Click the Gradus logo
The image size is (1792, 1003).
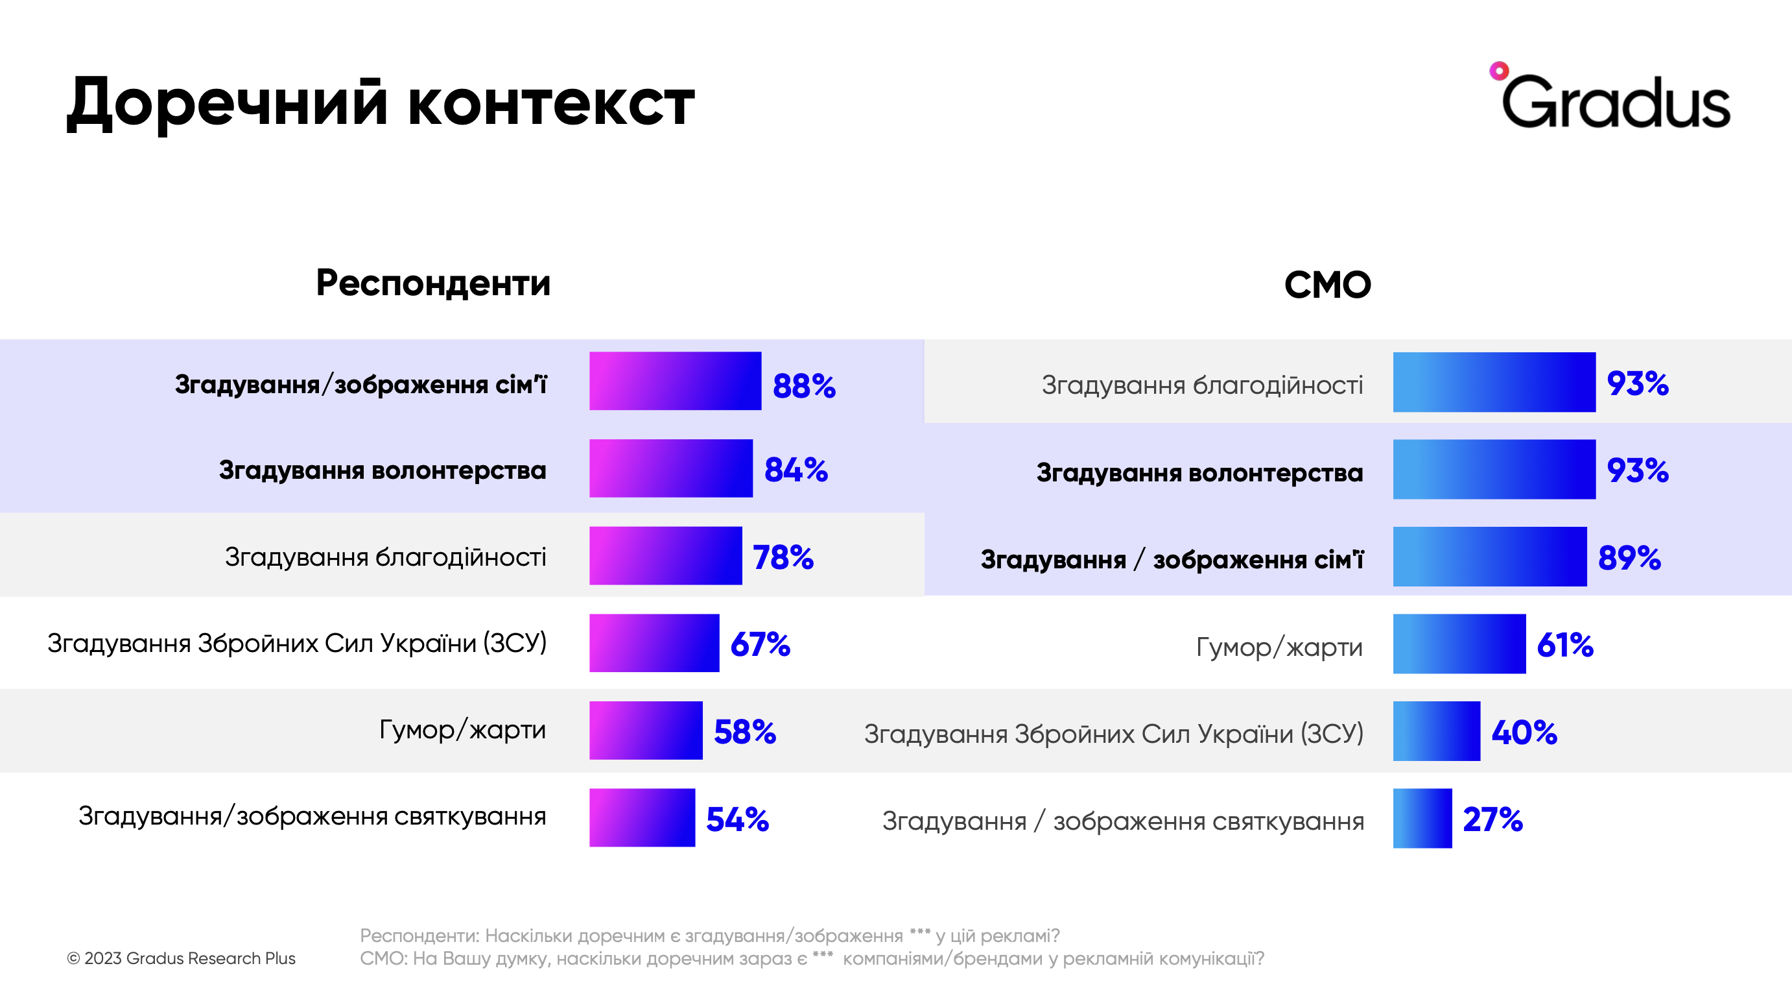coord(1610,99)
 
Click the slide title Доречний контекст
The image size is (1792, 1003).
coord(381,103)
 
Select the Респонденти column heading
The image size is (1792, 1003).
coord(432,284)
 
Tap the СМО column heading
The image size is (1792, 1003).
coord(1326,285)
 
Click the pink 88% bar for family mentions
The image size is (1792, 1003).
coord(675,381)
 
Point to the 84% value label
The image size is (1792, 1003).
coord(796,470)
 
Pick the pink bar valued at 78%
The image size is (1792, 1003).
coord(665,555)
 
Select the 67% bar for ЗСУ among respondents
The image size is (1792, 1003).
coord(654,642)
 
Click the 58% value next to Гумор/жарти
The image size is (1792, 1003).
coord(744,732)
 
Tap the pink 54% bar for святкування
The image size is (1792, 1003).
coord(641,817)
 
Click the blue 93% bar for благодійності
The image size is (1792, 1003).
coord(1494,382)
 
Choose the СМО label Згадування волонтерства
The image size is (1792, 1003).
coord(1199,472)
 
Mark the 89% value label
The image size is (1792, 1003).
coord(1629,557)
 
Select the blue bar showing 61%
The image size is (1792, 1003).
coord(1459,644)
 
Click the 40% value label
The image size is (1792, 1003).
coord(1524,732)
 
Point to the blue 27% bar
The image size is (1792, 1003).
coord(1422,818)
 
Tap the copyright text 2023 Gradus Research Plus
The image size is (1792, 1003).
coord(182,958)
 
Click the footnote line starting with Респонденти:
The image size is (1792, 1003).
coord(709,936)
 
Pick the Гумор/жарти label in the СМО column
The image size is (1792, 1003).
coord(1279,647)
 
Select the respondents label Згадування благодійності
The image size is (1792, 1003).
coord(384,557)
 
